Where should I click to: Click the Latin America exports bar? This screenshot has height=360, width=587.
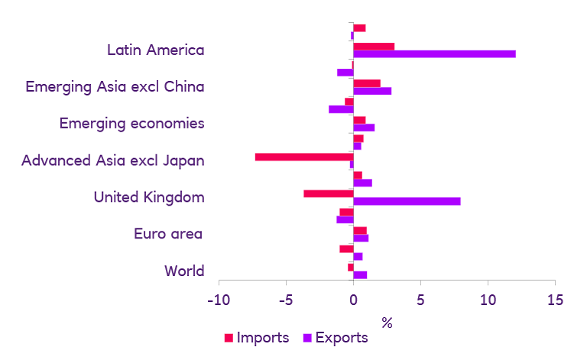pyautogui.click(x=434, y=54)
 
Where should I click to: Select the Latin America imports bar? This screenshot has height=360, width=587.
pyautogui.click(x=374, y=46)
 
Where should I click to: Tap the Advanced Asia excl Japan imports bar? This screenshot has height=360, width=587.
pyautogui.click(x=303, y=157)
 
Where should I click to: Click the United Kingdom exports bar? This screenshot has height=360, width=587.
pyautogui.click(x=407, y=201)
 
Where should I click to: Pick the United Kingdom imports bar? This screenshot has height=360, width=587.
pyautogui.click(x=328, y=193)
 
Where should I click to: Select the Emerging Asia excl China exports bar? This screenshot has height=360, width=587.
pyautogui.click(x=372, y=91)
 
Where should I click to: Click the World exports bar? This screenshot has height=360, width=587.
pyautogui.click(x=360, y=274)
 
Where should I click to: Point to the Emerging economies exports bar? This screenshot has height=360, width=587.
pyautogui.click(x=364, y=128)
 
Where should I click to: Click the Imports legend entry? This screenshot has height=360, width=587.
pyautogui.click(x=256, y=337)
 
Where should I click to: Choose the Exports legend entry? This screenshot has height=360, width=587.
pyautogui.click(x=336, y=337)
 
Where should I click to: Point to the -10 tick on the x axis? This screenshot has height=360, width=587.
pyautogui.click(x=219, y=299)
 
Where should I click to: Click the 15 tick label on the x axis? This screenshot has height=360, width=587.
pyautogui.click(x=555, y=299)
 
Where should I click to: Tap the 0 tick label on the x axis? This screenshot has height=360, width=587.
pyautogui.click(x=353, y=299)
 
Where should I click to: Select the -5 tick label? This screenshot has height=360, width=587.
pyautogui.click(x=286, y=299)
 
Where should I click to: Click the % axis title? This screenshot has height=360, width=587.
pyautogui.click(x=387, y=322)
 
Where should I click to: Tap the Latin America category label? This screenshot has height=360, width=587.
pyautogui.click(x=155, y=50)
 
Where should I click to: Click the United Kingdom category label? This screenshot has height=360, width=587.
pyautogui.click(x=148, y=197)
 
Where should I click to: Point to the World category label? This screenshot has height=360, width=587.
pyautogui.click(x=184, y=271)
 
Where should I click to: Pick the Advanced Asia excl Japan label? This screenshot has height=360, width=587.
pyautogui.click(x=113, y=161)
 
